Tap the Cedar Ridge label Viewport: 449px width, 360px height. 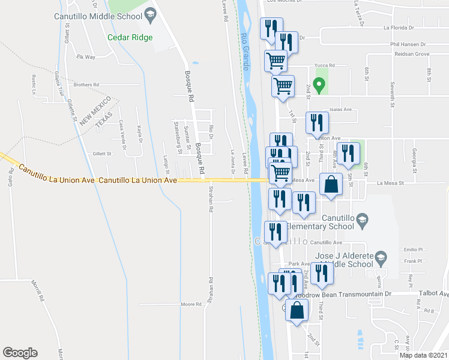130,37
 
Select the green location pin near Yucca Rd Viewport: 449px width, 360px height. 320,85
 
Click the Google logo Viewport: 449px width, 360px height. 20,353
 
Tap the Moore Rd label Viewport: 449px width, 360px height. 191,304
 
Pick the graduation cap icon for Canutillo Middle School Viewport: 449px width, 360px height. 150,14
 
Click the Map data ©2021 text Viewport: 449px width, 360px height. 423,355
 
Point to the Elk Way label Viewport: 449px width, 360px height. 86,57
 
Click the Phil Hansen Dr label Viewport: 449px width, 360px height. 407,44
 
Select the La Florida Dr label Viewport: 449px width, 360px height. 399,28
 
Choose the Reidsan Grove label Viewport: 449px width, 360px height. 409,54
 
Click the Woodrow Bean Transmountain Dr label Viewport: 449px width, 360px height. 350,294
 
